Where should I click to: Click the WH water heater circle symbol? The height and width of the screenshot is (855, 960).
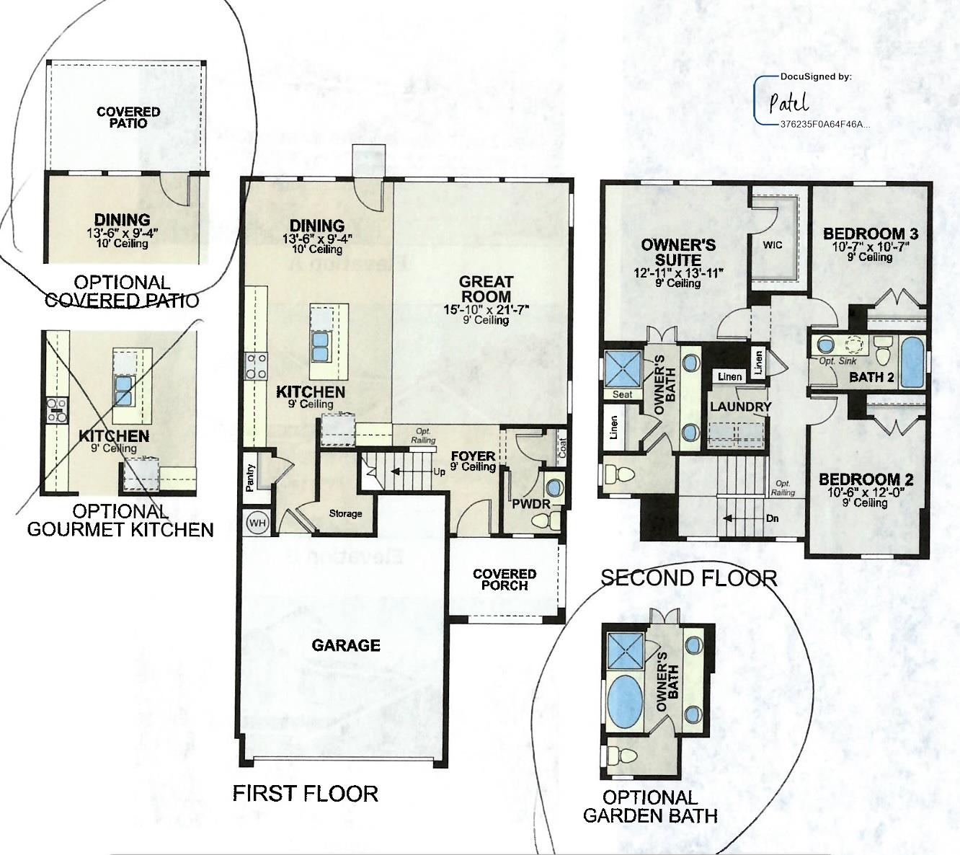pyautogui.click(x=257, y=523)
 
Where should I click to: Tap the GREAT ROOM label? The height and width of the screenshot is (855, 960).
pyautogui.click(x=486, y=289)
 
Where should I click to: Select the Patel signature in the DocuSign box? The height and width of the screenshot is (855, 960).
pyautogui.click(x=788, y=102)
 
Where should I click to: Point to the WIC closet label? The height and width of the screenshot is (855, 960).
pyautogui.click(x=772, y=245)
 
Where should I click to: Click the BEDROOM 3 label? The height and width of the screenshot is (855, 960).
pyautogui.click(x=870, y=234)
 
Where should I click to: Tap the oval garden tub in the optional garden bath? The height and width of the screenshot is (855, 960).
pyautogui.click(x=624, y=702)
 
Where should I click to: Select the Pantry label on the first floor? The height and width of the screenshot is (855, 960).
pyautogui.click(x=250, y=477)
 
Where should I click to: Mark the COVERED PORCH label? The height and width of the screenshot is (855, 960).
pyautogui.click(x=505, y=580)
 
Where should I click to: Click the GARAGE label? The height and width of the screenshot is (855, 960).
pyautogui.click(x=345, y=645)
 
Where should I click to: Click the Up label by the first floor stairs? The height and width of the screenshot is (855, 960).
pyautogui.click(x=437, y=473)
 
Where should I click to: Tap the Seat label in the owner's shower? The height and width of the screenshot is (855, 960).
pyautogui.click(x=622, y=394)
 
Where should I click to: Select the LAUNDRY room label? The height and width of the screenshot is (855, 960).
pyautogui.click(x=740, y=407)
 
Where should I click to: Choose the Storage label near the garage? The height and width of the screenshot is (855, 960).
pyautogui.click(x=345, y=513)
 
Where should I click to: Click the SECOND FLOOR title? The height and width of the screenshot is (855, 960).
pyautogui.click(x=688, y=577)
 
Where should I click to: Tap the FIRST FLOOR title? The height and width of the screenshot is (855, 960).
pyautogui.click(x=305, y=793)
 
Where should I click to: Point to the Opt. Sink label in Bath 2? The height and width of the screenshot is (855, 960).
pyautogui.click(x=837, y=361)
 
